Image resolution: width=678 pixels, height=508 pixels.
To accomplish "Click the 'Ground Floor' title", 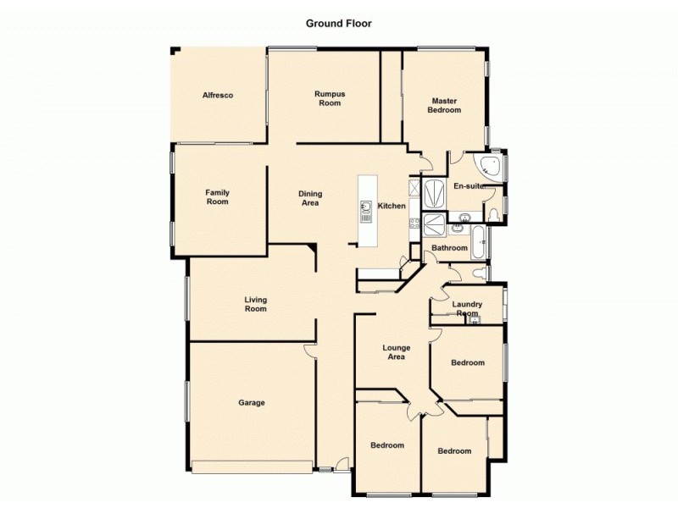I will [x=338, y=24].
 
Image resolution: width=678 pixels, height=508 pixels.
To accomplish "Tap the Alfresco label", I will [x=218, y=96].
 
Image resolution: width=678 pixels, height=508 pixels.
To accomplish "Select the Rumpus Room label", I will [x=329, y=98].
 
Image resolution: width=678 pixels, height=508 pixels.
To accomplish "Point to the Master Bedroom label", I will [x=444, y=105].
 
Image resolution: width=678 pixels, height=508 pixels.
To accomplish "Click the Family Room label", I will [x=217, y=197].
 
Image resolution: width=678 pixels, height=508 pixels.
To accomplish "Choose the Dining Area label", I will [x=310, y=198].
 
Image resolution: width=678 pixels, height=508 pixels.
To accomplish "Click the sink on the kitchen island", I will [x=366, y=207].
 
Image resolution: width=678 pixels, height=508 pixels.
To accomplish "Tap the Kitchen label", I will [x=392, y=207].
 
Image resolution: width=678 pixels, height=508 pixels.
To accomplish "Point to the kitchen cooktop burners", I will [x=415, y=224].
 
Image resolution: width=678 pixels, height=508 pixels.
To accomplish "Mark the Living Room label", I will [x=255, y=304].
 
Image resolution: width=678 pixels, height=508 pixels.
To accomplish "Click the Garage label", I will [x=251, y=403].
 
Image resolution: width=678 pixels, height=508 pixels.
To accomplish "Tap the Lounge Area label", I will [x=396, y=352].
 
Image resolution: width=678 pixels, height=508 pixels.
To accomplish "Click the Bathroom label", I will [x=449, y=248].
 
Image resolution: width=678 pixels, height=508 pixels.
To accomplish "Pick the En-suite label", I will [x=468, y=185].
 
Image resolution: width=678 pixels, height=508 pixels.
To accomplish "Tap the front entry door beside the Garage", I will [x=341, y=464].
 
